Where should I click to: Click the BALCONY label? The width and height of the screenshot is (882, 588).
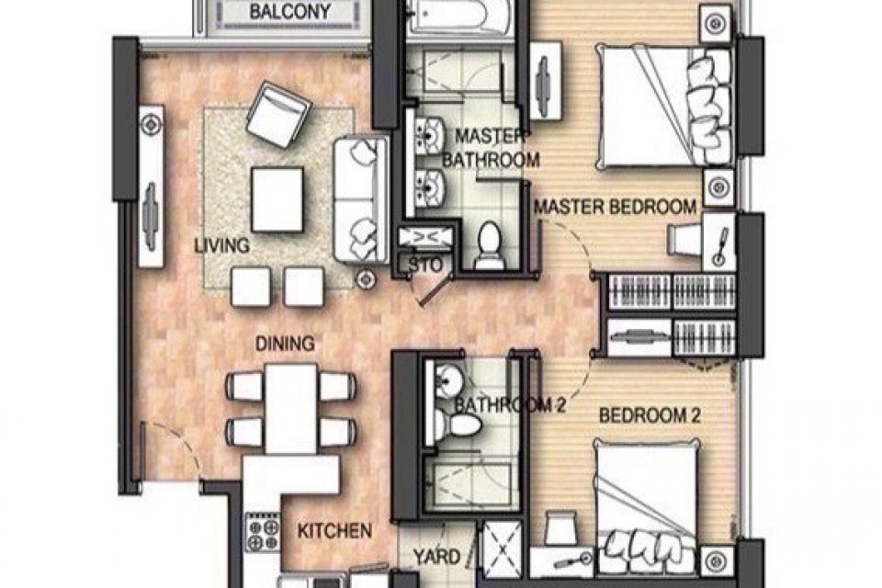pos(289,12)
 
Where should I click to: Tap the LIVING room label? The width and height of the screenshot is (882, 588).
pos(222,245)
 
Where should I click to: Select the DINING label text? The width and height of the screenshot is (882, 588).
pos(285,344)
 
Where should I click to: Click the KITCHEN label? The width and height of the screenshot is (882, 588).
pos(334,531)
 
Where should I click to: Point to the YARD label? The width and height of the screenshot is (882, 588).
pos(437,557)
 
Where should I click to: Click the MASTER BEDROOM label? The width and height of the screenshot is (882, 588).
pos(616,207)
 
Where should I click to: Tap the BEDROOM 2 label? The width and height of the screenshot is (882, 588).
pos(650,416)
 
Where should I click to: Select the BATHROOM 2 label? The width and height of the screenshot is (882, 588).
pos(510,404)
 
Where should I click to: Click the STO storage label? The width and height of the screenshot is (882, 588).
pos(425,265)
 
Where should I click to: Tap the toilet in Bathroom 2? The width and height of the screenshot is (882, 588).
pos(458,424)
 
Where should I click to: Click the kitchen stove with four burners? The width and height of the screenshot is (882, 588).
pos(264,532)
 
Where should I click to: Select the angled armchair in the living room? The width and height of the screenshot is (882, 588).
pos(278,114)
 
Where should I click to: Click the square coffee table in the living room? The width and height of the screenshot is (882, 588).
pos(277,199)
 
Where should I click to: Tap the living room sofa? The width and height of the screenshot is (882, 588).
pos(361,199)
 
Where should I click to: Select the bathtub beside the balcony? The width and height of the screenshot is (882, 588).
pos(460,17)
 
